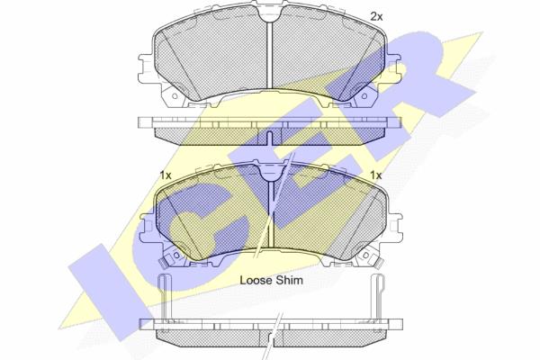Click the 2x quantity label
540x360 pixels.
coord(376,16)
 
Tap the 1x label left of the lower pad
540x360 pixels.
coord(166,175)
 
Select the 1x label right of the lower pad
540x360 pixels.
coord(375,175)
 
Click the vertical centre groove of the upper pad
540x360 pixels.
coord(270,54)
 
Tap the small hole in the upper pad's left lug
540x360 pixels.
coord(175,96)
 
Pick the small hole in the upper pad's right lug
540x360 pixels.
coord(364,96)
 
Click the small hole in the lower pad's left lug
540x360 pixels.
coord(176,255)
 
